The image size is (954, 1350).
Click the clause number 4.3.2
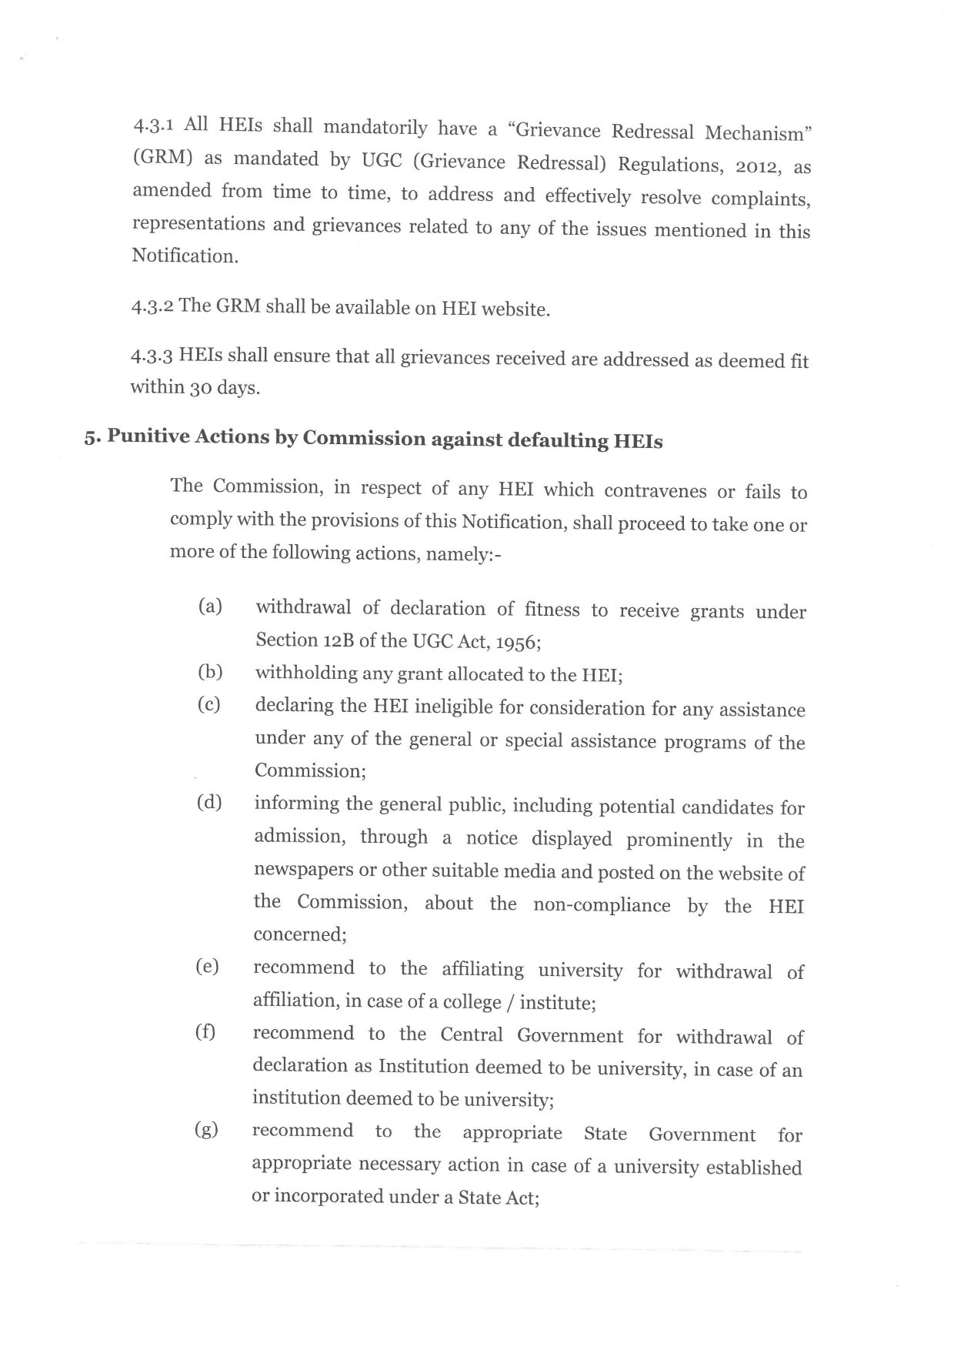153,306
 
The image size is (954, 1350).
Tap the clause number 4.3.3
152,356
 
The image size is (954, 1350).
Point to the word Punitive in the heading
148,436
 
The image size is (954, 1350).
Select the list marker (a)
210,606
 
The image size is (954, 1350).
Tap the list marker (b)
210,672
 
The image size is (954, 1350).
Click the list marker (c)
209,704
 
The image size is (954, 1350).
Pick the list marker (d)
209,803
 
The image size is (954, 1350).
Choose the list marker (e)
208,967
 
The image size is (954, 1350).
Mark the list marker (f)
205,1032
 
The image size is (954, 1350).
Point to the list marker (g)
206,1130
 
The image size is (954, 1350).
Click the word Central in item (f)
472,1034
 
